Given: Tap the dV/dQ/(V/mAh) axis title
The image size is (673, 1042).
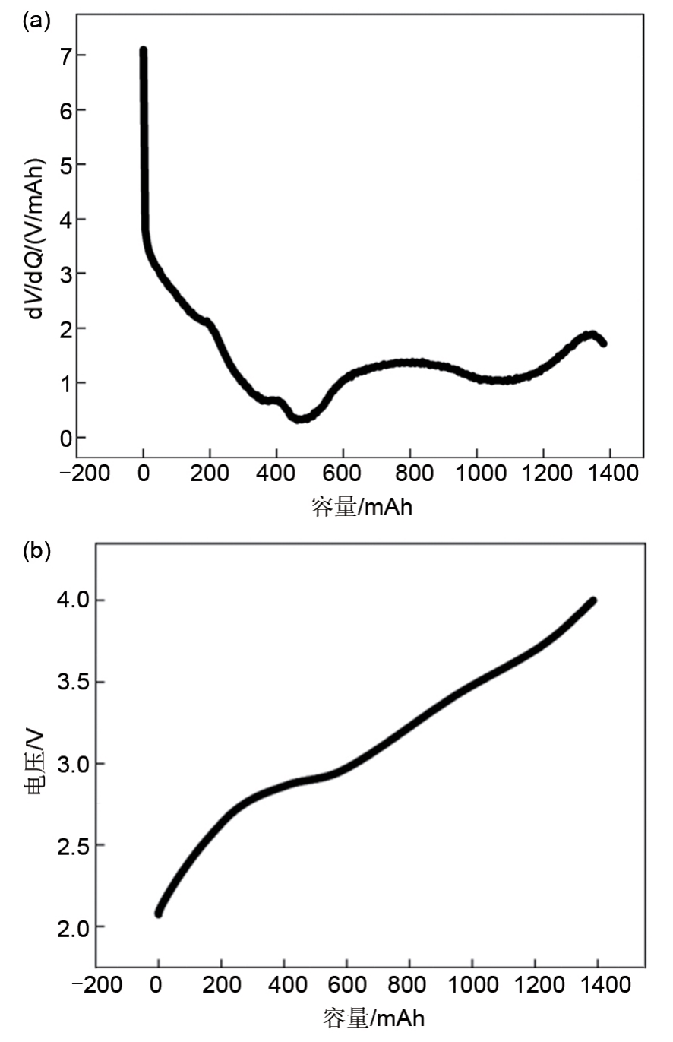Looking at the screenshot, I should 35,239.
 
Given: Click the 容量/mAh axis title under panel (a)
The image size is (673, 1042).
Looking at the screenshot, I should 362,507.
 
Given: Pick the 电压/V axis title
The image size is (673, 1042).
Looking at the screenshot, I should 35,762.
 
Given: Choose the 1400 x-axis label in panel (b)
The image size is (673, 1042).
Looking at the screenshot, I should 599,986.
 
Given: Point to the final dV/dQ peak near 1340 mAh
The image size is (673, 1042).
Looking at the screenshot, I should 590,334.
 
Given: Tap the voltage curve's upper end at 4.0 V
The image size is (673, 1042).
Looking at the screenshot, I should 593,600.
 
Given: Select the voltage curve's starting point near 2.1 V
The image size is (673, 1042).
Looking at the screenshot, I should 159,912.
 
